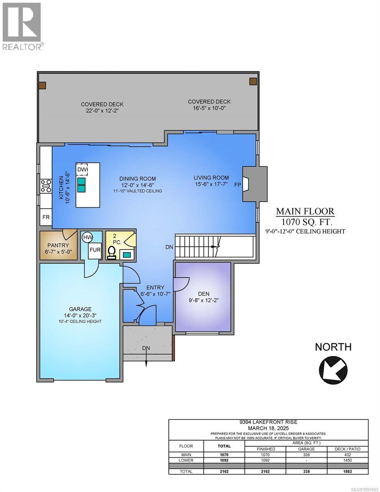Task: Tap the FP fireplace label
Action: [237, 185]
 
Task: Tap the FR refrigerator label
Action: [46, 217]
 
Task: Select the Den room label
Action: [204, 293]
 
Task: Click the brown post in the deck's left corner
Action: [42, 85]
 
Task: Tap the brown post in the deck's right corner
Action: [253, 81]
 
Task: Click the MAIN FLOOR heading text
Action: [305, 212]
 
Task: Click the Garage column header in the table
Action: [306, 449]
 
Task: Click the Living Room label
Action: [212, 178]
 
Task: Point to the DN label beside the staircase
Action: [169, 247]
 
